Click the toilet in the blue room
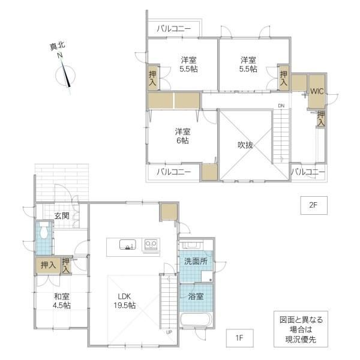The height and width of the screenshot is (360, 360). pos(43,230)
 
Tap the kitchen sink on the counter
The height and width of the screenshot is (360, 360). pos(127,245)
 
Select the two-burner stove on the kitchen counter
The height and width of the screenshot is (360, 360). pos(151,245)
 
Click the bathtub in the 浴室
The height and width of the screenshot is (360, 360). pos(196,319)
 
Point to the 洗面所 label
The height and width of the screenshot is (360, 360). pos(196,261)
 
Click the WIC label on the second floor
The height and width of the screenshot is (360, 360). pos(317,91)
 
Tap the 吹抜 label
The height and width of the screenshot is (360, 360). pos(245,145)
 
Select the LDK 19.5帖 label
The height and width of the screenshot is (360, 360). pos(125,301)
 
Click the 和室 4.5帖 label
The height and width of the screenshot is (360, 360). pos(62,301)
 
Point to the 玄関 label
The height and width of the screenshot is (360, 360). pos(62,215)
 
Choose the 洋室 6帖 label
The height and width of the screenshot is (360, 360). pos(182,136)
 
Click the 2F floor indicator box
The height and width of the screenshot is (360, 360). pos(314,205)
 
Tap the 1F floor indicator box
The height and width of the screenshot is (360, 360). pos(239,338)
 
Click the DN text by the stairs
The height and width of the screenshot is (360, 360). pos(281,106)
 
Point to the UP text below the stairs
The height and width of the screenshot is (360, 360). pos(169,332)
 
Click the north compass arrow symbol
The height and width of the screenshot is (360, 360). pos(65,74)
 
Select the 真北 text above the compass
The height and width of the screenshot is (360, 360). pos(58,46)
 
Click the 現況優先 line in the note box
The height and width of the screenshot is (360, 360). pos(301,340)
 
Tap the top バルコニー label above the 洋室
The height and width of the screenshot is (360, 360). pos(174,29)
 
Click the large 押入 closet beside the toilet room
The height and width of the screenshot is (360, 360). pos(48,265)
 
